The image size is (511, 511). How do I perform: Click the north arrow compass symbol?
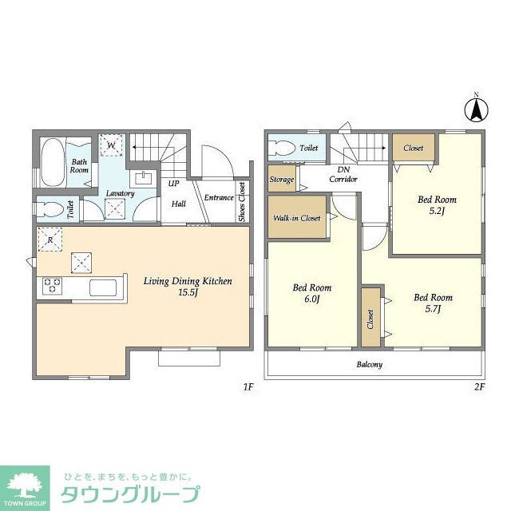tap(476, 109)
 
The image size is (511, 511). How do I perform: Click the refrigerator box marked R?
tap(50, 240)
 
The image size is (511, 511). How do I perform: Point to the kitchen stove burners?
tap(52, 285)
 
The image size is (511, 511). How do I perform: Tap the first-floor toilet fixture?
tap(50, 210)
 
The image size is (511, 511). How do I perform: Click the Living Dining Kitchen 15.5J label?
tap(188, 287)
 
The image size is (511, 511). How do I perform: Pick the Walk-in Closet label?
tap(297, 218)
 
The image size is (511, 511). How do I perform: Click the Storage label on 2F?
tap(281, 180)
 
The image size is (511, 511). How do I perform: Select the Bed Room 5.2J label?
tap(437, 205)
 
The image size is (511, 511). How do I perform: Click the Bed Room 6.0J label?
tap(311, 293)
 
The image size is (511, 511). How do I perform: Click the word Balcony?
tap(368, 364)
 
